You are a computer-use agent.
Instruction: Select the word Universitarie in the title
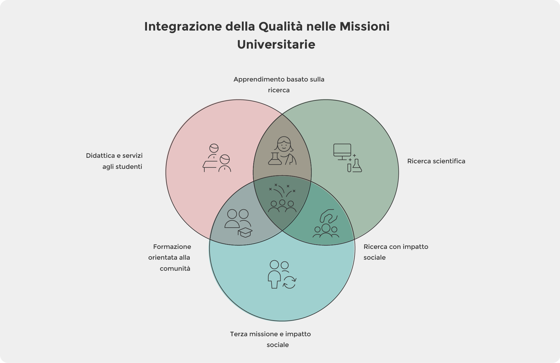tap(276, 45)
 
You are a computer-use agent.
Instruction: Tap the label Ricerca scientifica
tap(436, 161)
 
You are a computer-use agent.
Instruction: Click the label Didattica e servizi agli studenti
tap(114, 161)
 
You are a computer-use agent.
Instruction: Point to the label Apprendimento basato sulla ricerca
tap(279, 85)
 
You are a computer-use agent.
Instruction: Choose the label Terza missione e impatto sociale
tap(270, 339)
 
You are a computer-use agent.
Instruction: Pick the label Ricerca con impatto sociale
tap(396, 252)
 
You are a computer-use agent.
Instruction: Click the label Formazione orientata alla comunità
tap(170, 258)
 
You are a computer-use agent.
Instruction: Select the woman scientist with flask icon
tap(282, 151)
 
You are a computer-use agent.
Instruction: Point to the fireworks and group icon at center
tap(282, 198)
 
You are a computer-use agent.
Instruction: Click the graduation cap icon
tap(245, 232)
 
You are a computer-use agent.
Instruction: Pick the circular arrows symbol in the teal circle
tap(290, 282)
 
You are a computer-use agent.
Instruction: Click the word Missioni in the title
tap(364, 26)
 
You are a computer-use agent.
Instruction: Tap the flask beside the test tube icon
tap(357, 166)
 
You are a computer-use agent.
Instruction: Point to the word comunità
tap(175, 269)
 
